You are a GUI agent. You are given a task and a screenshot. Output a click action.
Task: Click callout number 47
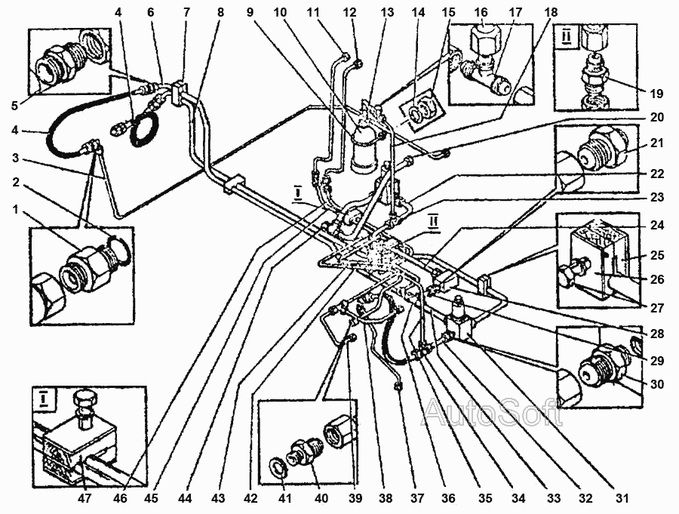(x=84, y=499)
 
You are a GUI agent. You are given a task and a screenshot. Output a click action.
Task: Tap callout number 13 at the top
(x=387, y=13)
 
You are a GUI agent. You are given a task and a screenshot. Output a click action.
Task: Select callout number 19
(x=656, y=93)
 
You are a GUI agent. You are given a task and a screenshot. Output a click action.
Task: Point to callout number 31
(x=622, y=499)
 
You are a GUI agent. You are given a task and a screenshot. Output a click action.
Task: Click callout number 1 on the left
(x=16, y=211)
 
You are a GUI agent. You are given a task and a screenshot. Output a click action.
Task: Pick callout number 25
(x=657, y=255)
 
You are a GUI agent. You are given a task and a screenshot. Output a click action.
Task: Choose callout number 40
(x=321, y=499)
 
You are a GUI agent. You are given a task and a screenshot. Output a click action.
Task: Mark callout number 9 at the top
(x=250, y=13)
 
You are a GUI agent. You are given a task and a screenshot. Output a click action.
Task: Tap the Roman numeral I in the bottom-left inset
(x=43, y=399)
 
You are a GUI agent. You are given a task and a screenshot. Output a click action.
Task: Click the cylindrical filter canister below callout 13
(x=364, y=149)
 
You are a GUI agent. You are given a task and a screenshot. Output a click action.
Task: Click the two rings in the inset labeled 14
(x=420, y=110)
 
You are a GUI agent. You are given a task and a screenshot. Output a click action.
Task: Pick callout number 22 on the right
(x=657, y=174)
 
